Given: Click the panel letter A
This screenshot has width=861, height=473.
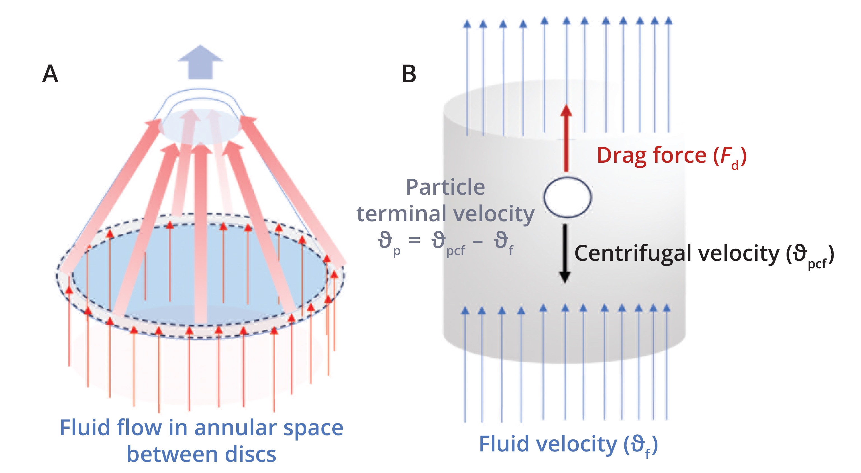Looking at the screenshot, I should [50, 74].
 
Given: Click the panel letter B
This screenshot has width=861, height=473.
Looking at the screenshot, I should [409, 74].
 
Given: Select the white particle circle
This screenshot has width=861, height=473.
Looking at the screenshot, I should [567, 197].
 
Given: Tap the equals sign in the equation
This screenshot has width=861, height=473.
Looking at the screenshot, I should [414, 240].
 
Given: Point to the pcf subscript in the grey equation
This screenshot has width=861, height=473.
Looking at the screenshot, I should [455, 251].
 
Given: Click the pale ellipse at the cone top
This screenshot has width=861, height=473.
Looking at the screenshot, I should [200, 127].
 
